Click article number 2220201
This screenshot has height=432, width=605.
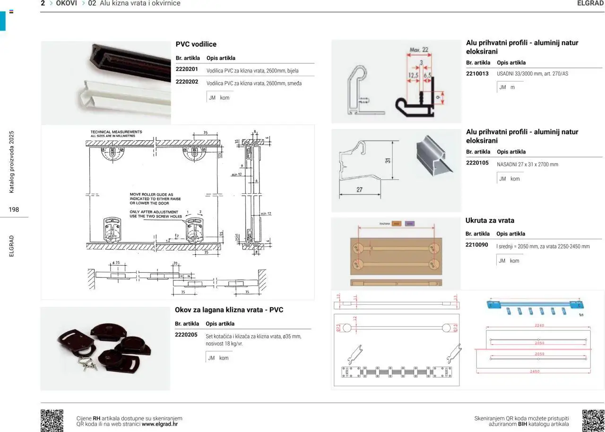[187, 69]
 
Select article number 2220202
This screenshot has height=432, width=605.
[187, 82]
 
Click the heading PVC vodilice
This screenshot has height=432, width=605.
[196, 44]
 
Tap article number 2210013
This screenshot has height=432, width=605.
[477, 74]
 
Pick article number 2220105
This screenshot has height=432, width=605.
[477, 163]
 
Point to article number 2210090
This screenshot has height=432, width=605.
[477, 245]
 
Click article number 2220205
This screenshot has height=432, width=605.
[186, 335]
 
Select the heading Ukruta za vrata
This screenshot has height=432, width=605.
[490, 221]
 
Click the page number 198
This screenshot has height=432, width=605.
[14, 209]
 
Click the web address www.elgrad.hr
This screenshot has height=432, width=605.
[160, 424]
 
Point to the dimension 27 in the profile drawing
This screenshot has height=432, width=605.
[359, 190]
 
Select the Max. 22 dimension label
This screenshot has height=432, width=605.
[419, 50]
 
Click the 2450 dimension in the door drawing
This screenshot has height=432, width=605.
[534, 372]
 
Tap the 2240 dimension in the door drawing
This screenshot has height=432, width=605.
[539, 325]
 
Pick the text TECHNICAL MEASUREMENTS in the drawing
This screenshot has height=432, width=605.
[116, 132]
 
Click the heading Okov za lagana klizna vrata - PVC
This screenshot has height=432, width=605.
[229, 310]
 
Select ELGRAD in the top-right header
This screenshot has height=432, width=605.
[591, 3]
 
